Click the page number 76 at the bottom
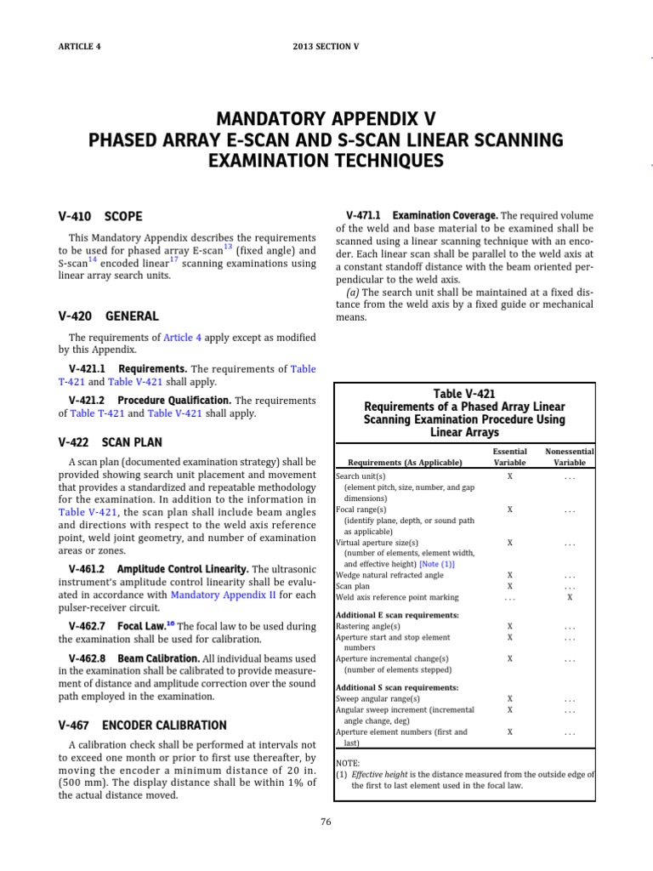[326, 821]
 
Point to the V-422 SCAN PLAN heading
[110, 442]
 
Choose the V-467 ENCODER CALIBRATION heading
[142, 725]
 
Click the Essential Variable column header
[509, 457]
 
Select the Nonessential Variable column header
[569, 457]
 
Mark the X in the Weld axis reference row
[569, 597]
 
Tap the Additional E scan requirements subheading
[397, 614]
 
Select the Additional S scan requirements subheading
[397, 686]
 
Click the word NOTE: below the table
[349, 763]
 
